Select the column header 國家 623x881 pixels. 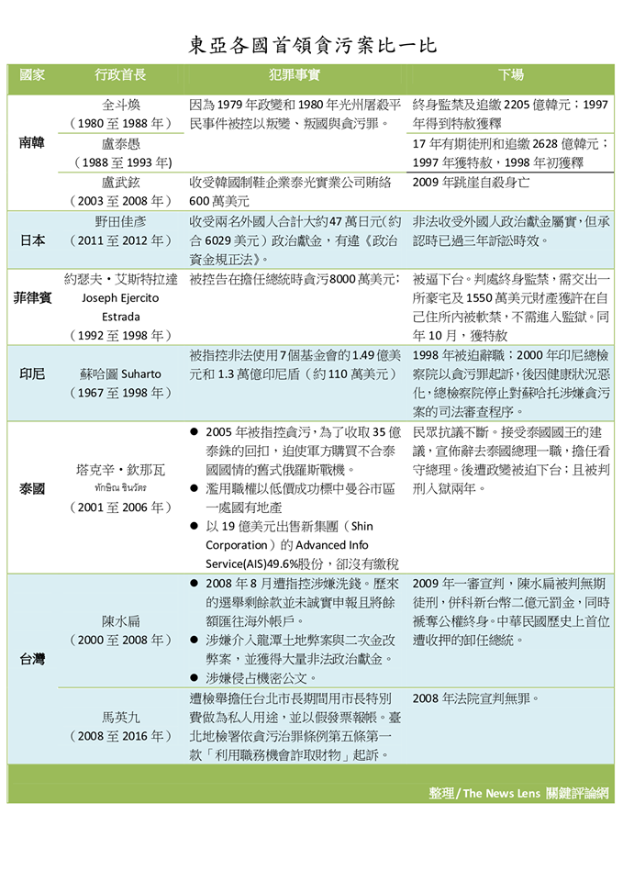point(32,75)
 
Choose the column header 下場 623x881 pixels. point(511,75)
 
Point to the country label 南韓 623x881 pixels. point(32,143)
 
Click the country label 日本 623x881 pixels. point(32,240)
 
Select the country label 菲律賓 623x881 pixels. point(32,298)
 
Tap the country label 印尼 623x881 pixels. point(32,374)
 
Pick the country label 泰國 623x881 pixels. point(32,489)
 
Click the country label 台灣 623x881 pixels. point(32,659)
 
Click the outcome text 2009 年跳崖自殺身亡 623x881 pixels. point(471,182)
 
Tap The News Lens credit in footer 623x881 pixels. point(519,793)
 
